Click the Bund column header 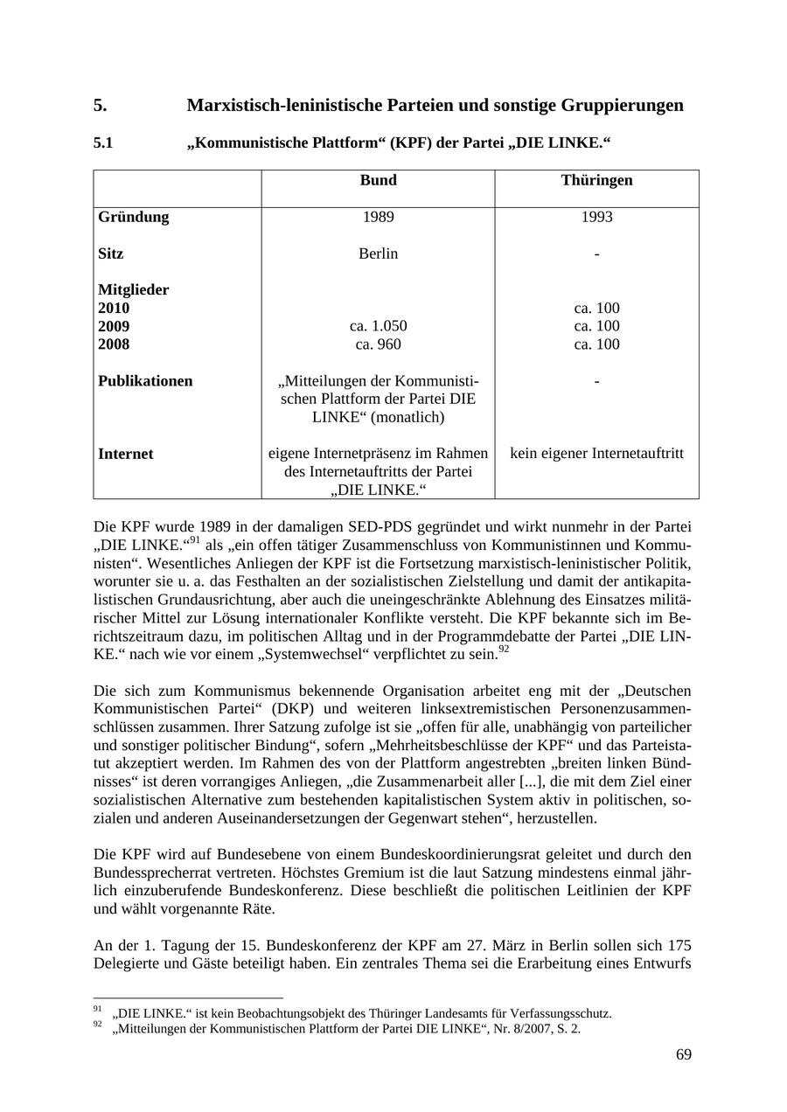[378, 180]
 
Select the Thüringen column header [596, 180]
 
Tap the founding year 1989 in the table [378, 217]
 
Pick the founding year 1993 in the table [596, 217]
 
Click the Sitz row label [110, 254]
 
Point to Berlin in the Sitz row [378, 254]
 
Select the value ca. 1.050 [378, 326]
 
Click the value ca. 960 [378, 344]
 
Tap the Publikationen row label [145, 381]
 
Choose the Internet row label [125, 454]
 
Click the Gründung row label [134, 217]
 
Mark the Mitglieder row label [133, 289]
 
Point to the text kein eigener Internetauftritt [596, 454]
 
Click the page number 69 [683, 1054]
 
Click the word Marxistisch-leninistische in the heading [282, 106]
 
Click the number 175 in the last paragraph [679, 945]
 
